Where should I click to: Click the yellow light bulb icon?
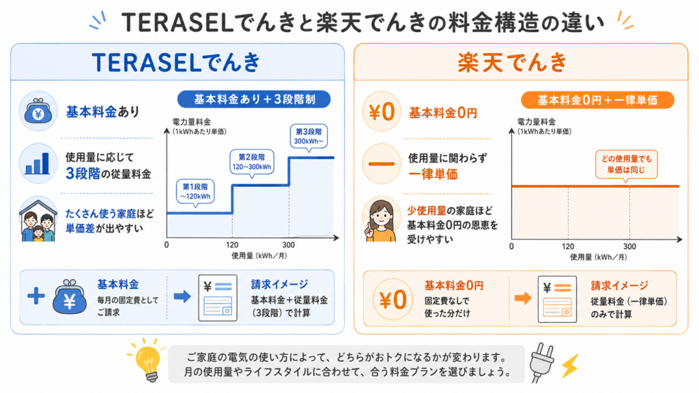point(148,360)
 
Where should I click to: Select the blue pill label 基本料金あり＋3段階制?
point(254,99)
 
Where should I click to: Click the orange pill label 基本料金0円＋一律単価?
point(597,100)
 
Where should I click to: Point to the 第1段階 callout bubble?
point(195,192)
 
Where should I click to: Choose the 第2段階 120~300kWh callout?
point(252,162)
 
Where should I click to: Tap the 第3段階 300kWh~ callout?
point(309,136)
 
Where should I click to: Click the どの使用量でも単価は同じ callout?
point(627,164)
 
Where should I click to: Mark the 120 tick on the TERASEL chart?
point(232,245)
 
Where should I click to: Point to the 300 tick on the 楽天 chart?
point(629,246)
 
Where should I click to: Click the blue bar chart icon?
point(38,163)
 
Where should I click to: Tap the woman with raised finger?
point(381,220)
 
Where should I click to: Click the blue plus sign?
point(36,296)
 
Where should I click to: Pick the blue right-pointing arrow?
point(182,296)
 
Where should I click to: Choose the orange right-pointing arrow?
point(523,297)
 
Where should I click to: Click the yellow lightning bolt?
point(570,366)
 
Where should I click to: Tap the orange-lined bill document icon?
point(557,299)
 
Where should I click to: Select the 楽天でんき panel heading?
point(512,62)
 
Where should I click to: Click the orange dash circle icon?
point(382,164)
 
